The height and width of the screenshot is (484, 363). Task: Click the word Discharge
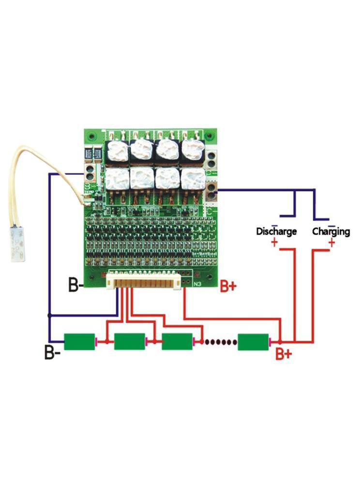[276, 231]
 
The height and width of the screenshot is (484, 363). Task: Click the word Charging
[331, 231]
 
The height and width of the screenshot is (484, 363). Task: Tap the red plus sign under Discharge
[275, 243]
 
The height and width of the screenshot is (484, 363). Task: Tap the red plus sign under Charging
[332, 243]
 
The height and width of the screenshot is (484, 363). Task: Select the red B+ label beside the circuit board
[228, 287]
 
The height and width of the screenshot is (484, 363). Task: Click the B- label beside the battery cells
[53, 352]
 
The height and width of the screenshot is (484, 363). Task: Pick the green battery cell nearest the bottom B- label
[79, 341]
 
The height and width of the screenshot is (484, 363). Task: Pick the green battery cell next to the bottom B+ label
[253, 341]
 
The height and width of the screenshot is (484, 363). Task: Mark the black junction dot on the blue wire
[49, 315]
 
